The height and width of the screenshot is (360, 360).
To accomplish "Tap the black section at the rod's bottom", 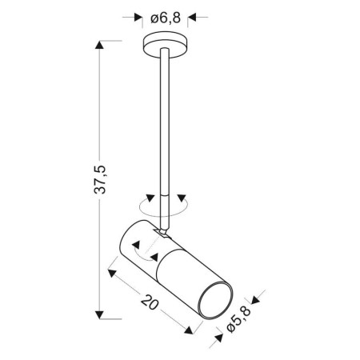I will (x=164, y=205).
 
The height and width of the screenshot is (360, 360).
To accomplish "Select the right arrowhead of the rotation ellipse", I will (x=182, y=199).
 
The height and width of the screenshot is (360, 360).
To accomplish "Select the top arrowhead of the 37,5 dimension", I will (x=100, y=47).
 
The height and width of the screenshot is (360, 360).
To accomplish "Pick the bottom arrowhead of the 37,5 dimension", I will (x=100, y=313).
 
